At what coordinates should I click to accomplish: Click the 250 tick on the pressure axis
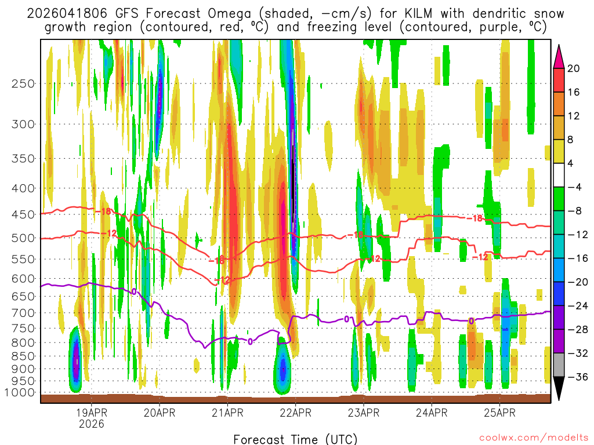point(23,83)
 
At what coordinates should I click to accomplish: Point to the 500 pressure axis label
point(23,238)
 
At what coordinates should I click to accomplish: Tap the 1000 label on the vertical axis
point(20,392)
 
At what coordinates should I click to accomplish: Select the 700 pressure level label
point(23,313)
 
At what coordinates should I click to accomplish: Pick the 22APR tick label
point(295,413)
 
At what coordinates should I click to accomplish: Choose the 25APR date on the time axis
point(499,413)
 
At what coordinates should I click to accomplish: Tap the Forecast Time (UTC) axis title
point(295,439)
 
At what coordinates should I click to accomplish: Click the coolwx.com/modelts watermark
point(534,439)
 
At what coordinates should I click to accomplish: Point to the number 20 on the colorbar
point(574,68)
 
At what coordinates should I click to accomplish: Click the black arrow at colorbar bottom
point(560,389)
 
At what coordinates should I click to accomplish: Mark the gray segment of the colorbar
point(560,365)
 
